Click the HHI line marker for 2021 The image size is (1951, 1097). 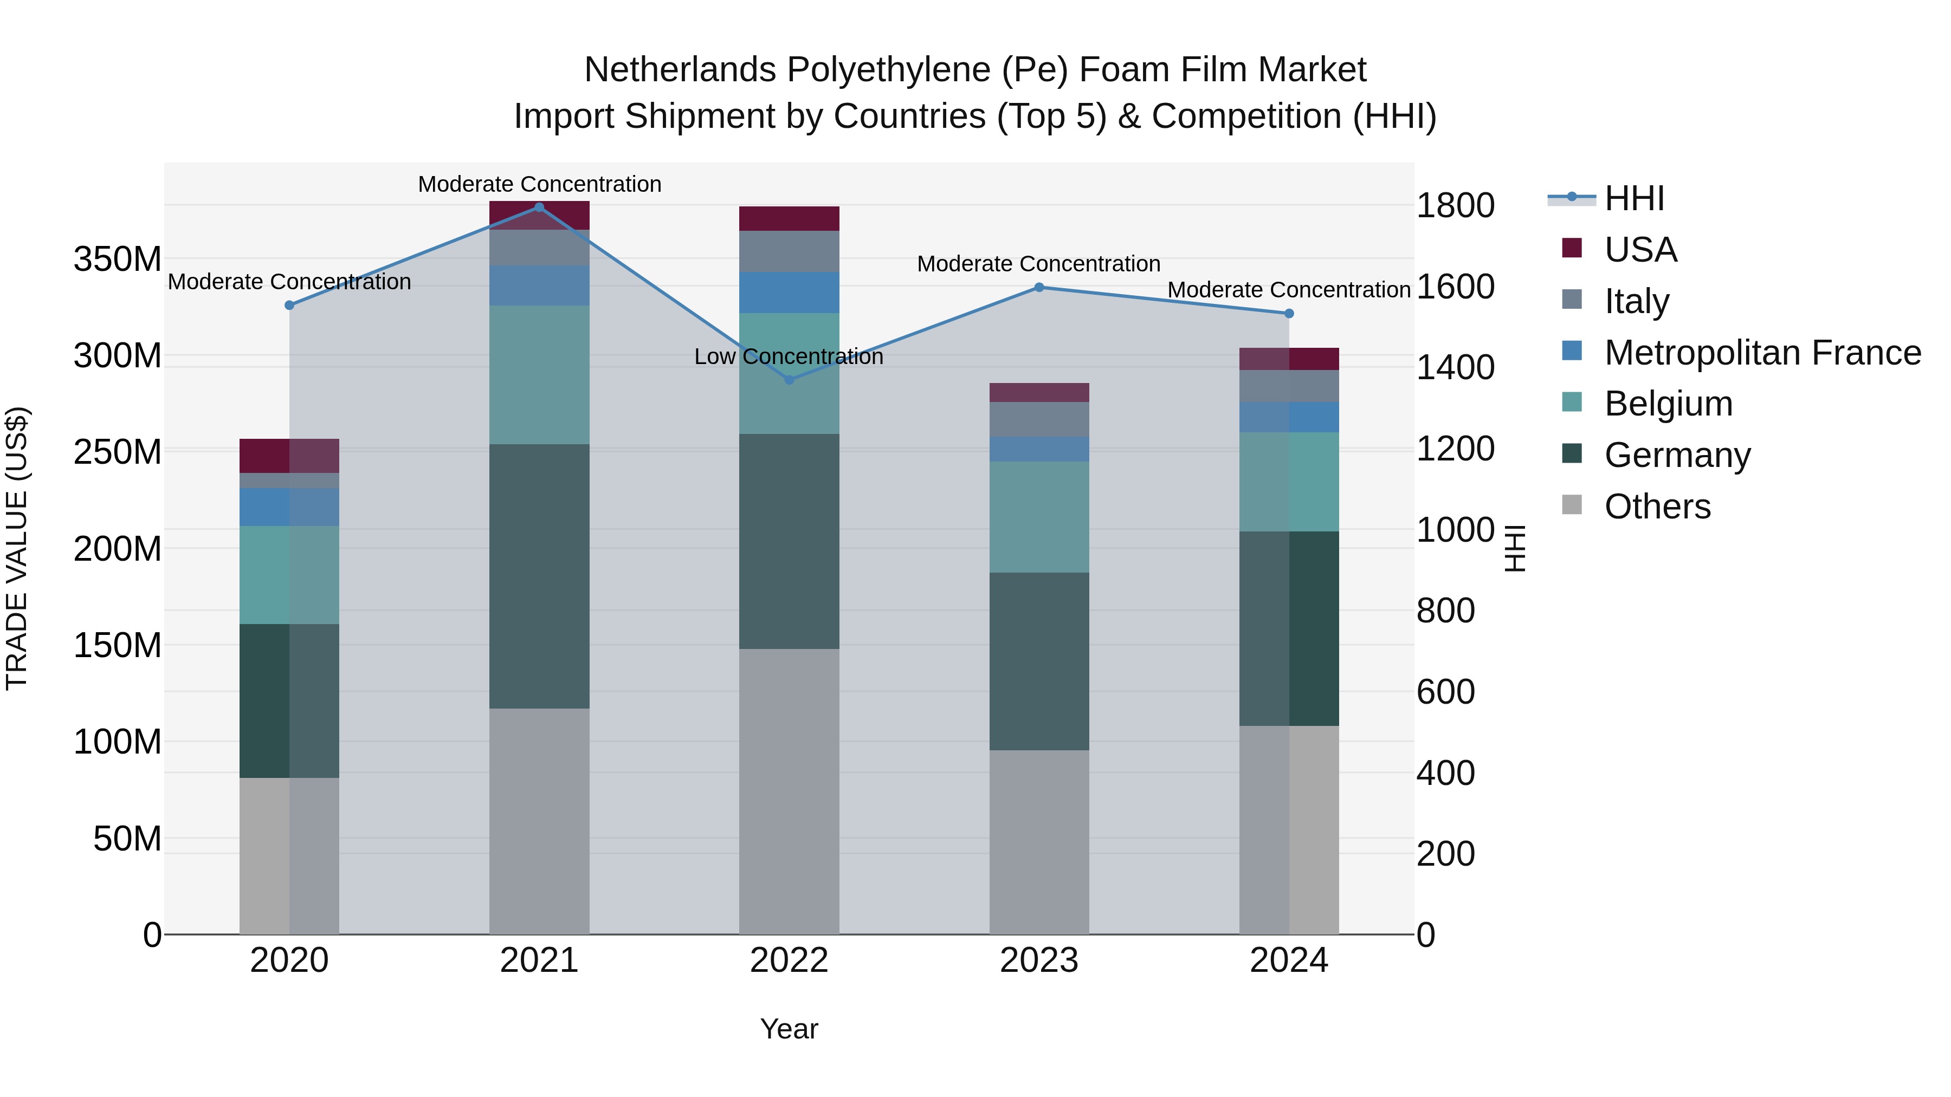[x=539, y=207]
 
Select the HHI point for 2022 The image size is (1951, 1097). [x=789, y=380]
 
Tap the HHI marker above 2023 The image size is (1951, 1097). [x=1039, y=288]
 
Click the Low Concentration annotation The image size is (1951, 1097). [x=789, y=356]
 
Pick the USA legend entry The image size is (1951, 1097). [x=1640, y=250]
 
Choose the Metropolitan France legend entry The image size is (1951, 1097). [x=1762, y=353]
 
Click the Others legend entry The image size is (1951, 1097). [x=1657, y=507]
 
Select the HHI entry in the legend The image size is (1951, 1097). [x=1635, y=198]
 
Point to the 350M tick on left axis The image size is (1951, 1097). [x=118, y=259]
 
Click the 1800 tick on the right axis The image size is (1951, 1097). [x=1455, y=206]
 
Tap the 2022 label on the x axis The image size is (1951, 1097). [x=789, y=960]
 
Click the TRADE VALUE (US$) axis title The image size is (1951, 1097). [x=17, y=548]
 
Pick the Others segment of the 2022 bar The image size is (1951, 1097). [x=789, y=791]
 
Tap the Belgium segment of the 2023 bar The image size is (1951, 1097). [x=1039, y=517]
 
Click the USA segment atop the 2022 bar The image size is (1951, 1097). [x=789, y=219]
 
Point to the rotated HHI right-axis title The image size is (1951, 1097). [x=1514, y=548]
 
